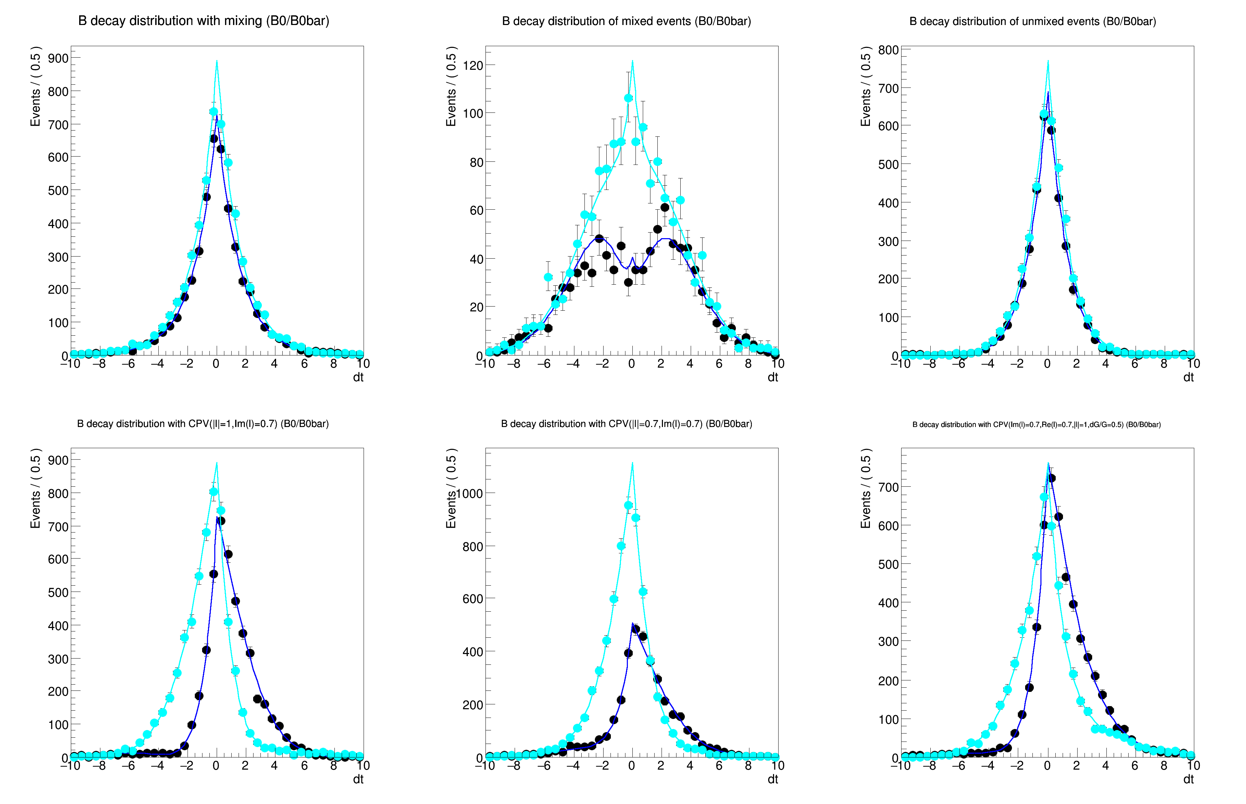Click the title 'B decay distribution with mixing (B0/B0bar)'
coord(203,21)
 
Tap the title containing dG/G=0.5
coord(1036,425)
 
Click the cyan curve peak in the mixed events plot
coord(632,61)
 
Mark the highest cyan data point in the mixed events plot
coord(628,98)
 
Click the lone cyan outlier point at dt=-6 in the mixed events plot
coord(548,277)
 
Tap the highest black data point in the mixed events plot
coord(665,207)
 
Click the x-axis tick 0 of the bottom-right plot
coord(1047,766)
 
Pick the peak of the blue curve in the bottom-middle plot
coord(632,623)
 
